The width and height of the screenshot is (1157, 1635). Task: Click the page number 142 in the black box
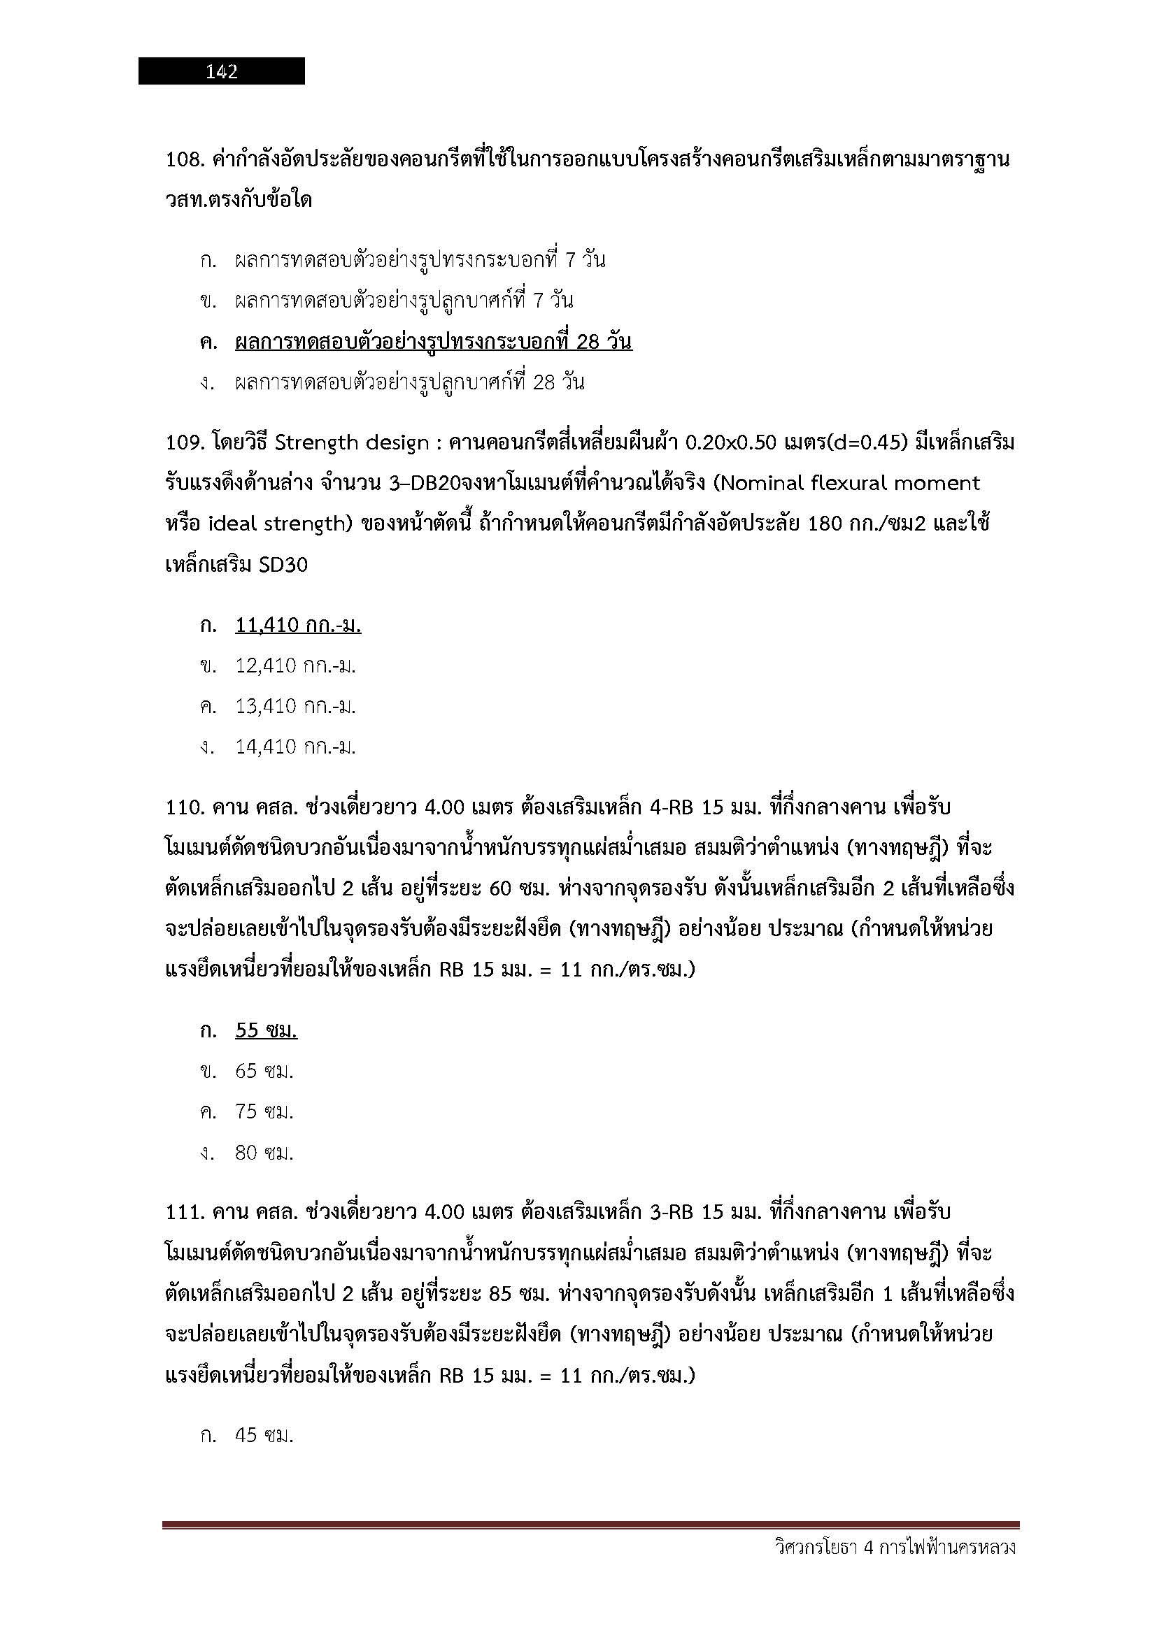tap(222, 71)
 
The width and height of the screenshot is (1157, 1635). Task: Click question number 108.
tap(185, 159)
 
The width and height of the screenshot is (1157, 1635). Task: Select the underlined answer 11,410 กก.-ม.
tap(298, 625)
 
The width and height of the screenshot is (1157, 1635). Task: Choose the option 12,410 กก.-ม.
tap(295, 666)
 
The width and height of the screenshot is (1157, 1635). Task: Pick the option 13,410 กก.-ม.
tap(295, 707)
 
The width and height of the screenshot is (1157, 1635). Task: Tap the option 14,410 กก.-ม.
tap(295, 747)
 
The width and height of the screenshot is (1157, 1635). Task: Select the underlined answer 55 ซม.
tap(266, 1030)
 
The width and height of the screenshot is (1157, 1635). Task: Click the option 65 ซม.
tap(264, 1071)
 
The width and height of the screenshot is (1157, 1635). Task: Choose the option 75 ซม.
tap(264, 1111)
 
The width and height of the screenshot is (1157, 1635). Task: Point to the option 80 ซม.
tap(264, 1152)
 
